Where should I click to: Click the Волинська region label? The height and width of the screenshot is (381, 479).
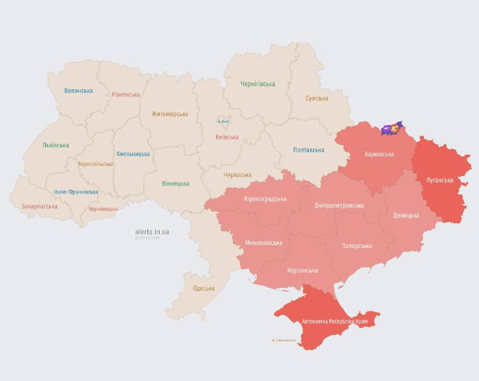pyautogui.click(x=78, y=90)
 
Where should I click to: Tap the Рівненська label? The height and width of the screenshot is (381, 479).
pyautogui.click(x=126, y=94)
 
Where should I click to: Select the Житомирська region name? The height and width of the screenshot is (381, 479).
pyautogui.click(x=169, y=114)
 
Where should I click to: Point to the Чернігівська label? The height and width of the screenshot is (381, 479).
pyautogui.click(x=257, y=84)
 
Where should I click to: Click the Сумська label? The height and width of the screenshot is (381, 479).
pyautogui.click(x=317, y=98)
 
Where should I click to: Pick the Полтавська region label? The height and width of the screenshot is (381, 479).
pyautogui.click(x=308, y=150)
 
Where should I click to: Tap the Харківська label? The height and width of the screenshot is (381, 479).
pyautogui.click(x=379, y=154)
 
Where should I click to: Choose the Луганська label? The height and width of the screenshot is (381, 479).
pyautogui.click(x=439, y=179)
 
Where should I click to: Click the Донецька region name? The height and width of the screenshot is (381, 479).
pyautogui.click(x=406, y=215)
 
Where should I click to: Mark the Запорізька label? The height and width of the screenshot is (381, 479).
pyautogui.click(x=357, y=246)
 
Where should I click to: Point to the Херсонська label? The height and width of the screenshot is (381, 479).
pyautogui.click(x=303, y=270)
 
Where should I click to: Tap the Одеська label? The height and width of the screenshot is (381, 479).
pyautogui.click(x=204, y=288)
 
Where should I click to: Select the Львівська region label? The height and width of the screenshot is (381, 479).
pyautogui.click(x=55, y=145)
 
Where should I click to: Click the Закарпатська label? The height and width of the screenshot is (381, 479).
pyautogui.click(x=40, y=206)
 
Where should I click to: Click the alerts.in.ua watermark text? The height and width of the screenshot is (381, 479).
pyautogui.click(x=151, y=231)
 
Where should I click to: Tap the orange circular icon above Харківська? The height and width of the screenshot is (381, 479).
pyautogui.click(x=395, y=128)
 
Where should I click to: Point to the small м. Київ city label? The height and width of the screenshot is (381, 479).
pyautogui.click(x=223, y=121)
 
